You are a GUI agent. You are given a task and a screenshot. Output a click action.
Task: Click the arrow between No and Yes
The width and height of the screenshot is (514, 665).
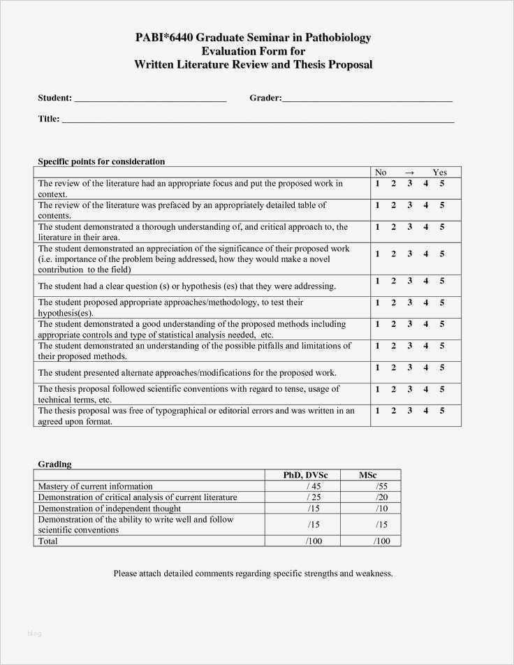coord(409,173)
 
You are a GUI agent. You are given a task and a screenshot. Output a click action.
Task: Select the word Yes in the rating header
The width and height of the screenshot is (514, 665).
coord(439,173)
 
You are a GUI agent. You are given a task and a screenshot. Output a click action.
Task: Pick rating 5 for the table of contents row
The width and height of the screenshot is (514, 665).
coord(442,205)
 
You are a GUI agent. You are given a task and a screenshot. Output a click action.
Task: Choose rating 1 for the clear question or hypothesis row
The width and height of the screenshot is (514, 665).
coord(377,281)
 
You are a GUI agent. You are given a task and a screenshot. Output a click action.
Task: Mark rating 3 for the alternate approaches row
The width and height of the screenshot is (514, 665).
coord(410,367)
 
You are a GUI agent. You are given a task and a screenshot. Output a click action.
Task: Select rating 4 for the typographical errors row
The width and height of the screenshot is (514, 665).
coord(426,411)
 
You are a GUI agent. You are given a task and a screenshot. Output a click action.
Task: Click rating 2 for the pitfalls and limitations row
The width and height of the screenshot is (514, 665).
coord(393,346)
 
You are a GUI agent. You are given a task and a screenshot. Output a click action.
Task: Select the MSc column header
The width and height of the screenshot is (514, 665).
coord(368,475)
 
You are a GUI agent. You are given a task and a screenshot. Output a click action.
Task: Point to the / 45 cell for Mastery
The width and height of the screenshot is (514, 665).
coord(313,486)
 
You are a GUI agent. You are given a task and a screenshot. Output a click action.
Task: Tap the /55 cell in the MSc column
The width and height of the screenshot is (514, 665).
coord(381,486)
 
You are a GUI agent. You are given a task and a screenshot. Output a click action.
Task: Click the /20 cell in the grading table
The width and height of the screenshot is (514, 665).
coord(382,497)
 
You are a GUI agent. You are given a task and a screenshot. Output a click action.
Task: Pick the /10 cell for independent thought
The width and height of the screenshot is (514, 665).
coord(382,509)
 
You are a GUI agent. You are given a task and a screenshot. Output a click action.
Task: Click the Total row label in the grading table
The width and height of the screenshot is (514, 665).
coord(48,541)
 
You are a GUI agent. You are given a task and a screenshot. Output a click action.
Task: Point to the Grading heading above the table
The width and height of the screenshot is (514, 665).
coord(54,464)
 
